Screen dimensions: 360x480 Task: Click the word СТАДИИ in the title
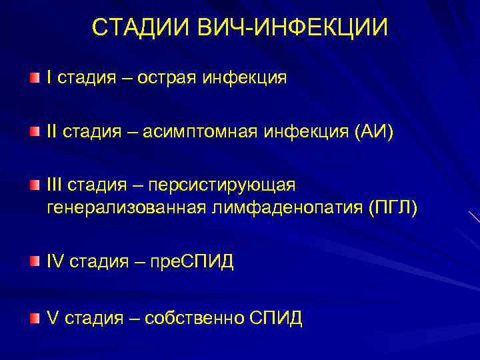pos(141,27)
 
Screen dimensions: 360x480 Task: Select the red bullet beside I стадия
pos(35,78)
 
